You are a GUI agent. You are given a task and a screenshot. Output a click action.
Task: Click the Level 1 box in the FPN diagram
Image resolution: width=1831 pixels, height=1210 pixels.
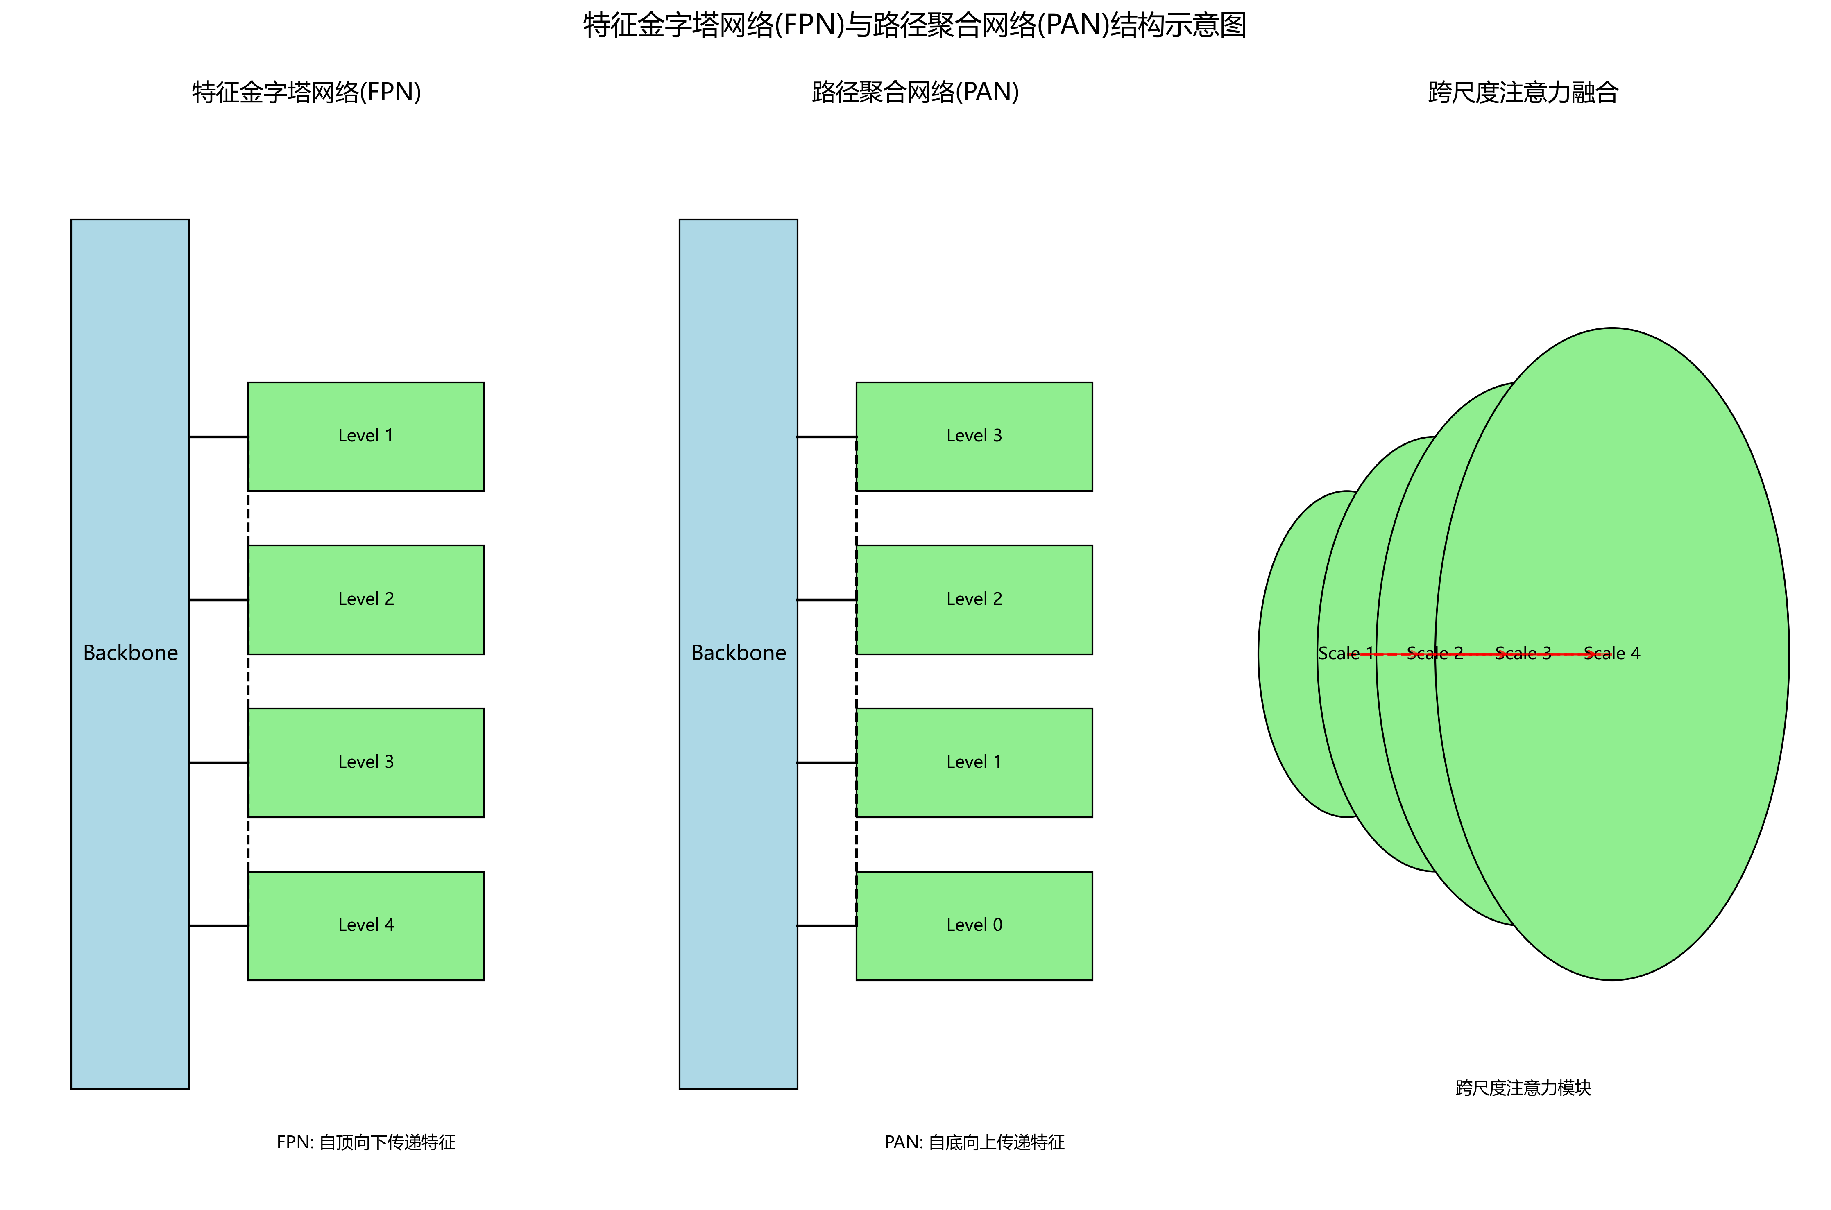point(366,436)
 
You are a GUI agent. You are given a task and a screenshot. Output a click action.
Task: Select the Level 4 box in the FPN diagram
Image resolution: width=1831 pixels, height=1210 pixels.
point(366,925)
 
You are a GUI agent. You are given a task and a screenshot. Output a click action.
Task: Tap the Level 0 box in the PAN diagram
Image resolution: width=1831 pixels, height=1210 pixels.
point(974,925)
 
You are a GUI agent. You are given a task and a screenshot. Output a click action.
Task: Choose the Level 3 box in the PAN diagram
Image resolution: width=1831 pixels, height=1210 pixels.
point(974,436)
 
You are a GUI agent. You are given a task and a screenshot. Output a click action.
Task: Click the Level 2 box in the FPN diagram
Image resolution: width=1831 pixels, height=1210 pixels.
point(366,599)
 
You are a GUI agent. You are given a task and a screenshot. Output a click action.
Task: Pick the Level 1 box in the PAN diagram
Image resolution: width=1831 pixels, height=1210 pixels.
point(974,762)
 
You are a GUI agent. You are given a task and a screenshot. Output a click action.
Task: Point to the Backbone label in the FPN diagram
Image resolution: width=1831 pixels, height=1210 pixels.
point(130,653)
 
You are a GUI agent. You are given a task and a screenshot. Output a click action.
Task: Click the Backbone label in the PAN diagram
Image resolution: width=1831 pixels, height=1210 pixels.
point(739,653)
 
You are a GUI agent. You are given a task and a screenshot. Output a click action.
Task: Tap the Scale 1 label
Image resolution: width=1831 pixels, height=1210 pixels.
point(1345,654)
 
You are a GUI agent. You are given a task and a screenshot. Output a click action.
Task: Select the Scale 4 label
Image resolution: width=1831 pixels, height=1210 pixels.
point(1612,654)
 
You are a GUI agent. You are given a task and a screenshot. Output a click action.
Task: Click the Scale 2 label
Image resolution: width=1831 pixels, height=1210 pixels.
point(1434,654)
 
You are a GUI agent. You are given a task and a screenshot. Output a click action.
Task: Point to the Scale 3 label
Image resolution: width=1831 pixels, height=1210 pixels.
point(1523,654)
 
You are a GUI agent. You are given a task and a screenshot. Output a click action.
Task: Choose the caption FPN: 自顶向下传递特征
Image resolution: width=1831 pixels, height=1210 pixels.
point(366,1142)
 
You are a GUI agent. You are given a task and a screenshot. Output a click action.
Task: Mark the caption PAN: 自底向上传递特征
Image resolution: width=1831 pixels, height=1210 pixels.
point(974,1142)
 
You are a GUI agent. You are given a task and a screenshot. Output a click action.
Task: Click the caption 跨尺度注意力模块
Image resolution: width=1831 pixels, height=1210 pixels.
point(1523,1087)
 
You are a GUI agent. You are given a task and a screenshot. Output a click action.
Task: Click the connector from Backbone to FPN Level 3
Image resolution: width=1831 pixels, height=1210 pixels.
point(218,762)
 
